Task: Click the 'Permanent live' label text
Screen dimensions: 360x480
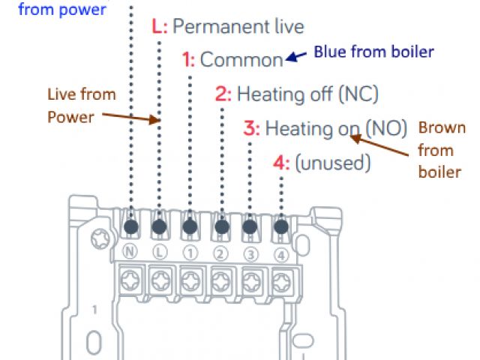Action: click(238, 27)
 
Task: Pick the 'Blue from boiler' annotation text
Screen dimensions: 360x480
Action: click(373, 52)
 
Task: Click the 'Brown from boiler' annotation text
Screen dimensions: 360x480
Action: click(440, 149)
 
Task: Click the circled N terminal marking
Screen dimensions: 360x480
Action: click(129, 252)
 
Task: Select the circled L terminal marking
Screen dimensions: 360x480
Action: click(160, 252)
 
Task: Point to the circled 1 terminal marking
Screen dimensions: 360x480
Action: click(190, 252)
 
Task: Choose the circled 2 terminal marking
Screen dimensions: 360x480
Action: click(220, 252)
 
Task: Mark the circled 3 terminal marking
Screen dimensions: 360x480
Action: click(251, 252)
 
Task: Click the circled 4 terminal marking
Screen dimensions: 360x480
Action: click(281, 252)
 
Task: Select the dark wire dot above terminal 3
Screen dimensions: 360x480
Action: click(251, 226)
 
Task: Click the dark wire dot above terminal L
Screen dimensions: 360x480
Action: click(160, 226)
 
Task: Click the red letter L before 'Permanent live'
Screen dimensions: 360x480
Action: click(157, 27)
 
